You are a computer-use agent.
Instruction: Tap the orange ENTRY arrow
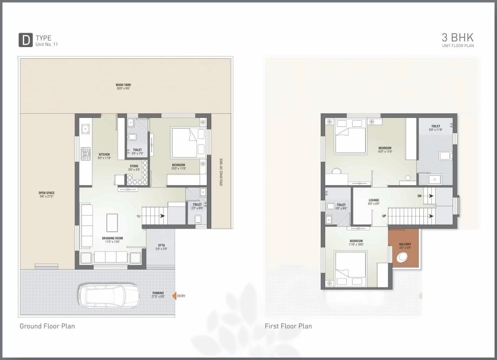pos(174,296)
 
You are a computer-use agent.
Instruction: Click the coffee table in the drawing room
pos(112,222)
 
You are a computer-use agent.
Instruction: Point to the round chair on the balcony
pos(402,258)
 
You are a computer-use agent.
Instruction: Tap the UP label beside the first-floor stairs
pos(384,216)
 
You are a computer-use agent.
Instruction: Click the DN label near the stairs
pos(419,196)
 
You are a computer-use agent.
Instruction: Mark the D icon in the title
pos(25,40)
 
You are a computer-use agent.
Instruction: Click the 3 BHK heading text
pos(458,38)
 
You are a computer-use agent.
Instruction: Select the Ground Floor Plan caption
pos(47,326)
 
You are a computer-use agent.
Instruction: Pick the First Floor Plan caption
pos(288,326)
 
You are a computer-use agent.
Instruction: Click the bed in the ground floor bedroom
pos(184,142)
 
